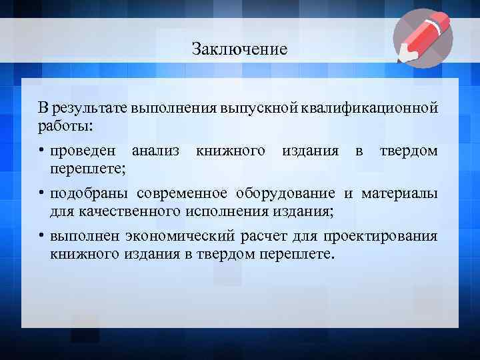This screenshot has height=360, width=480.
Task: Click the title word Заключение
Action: [x=239, y=49]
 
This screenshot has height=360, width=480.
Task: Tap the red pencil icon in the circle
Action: [x=423, y=38]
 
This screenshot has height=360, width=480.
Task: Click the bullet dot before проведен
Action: [x=41, y=151]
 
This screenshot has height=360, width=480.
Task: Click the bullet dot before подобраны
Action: [x=41, y=194]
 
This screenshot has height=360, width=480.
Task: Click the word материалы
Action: [x=400, y=194]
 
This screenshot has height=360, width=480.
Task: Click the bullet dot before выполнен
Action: [x=41, y=237]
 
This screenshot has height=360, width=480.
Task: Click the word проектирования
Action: [x=381, y=237]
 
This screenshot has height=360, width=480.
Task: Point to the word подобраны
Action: [x=89, y=194]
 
